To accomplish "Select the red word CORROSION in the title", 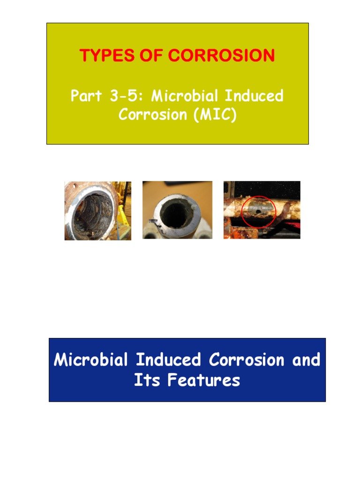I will [221, 56].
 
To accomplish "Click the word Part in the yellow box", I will [86, 96].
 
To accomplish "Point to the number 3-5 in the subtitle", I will [126, 96].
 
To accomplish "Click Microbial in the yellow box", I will [185, 96].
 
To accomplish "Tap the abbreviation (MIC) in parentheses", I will [214, 115].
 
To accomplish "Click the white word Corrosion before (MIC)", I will [153, 115].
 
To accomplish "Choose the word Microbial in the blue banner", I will [91, 360].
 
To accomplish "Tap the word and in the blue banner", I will [306, 360].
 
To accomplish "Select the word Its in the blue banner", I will [143, 380].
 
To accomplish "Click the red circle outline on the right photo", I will [242, 211].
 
